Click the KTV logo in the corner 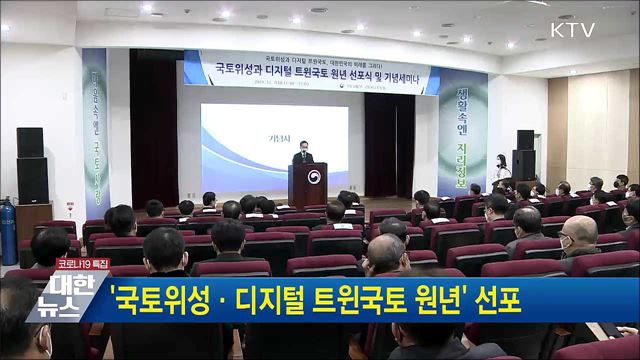[x=571, y=30]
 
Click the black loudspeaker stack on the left [x=31, y=165]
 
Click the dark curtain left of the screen [x=155, y=135]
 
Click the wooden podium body [x=307, y=185]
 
